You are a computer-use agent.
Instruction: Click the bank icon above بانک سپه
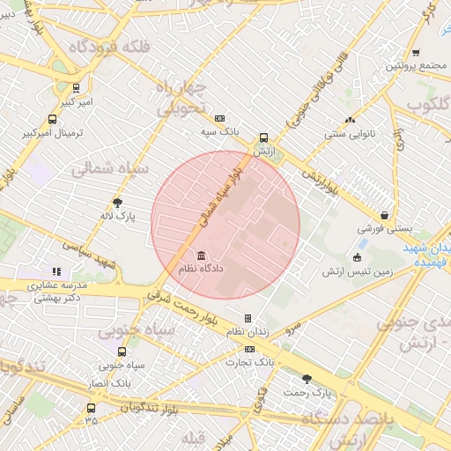(x=219, y=118)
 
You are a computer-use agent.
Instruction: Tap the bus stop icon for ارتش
(x=262, y=138)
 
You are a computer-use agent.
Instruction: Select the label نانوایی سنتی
(x=349, y=135)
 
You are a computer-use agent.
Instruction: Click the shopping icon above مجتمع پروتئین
(x=416, y=53)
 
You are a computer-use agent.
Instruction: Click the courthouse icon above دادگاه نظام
(x=190, y=255)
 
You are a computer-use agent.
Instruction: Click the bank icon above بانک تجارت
(x=249, y=349)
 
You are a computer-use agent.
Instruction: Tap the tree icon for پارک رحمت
(x=307, y=379)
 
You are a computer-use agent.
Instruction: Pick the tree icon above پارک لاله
(x=118, y=202)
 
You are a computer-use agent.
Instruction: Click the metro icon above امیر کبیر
(x=77, y=88)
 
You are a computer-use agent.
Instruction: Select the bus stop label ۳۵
(x=91, y=421)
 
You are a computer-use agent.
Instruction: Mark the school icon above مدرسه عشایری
(x=56, y=272)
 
